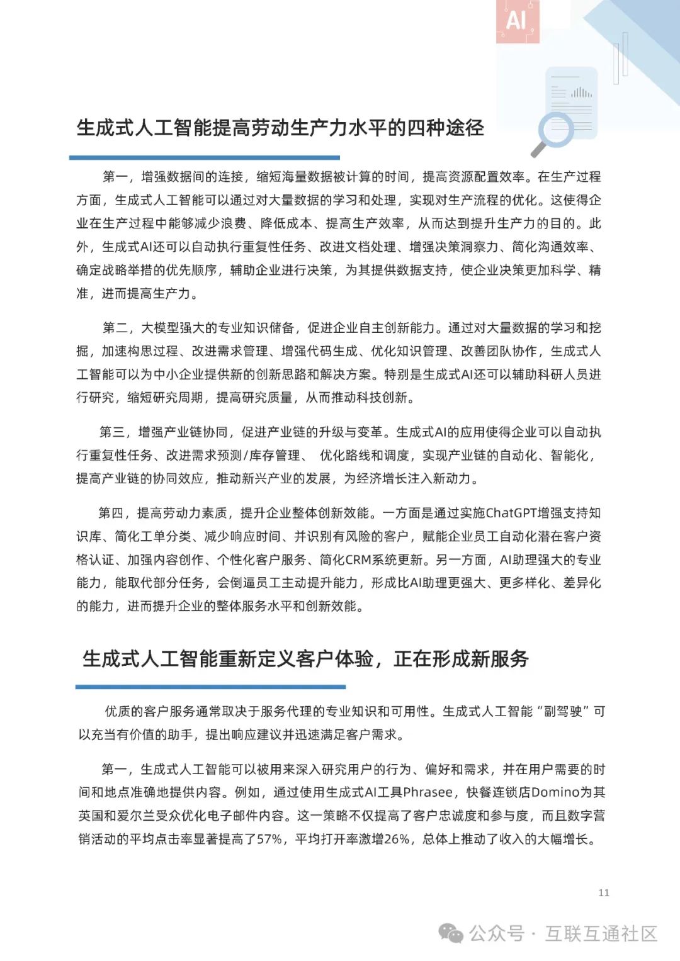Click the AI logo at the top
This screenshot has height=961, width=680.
pyautogui.click(x=517, y=20)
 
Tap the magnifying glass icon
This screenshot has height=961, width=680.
pyautogui.click(x=553, y=132)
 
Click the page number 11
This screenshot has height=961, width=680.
pyautogui.click(x=604, y=892)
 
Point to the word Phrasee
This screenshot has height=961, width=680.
pyautogui.click(x=428, y=792)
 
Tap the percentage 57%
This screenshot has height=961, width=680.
pyautogui.click(x=269, y=839)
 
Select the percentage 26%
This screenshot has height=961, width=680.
pyautogui.click(x=397, y=839)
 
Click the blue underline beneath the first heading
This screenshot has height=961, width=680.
pyautogui.click(x=204, y=157)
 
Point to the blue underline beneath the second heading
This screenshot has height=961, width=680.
pyautogui.click(x=210, y=687)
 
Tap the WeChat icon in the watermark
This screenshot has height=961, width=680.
pyautogui.click(x=451, y=933)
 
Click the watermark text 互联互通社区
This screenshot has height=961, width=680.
pyautogui.click(x=601, y=933)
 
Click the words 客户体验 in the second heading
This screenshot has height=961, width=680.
pyautogui.click(x=334, y=659)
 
